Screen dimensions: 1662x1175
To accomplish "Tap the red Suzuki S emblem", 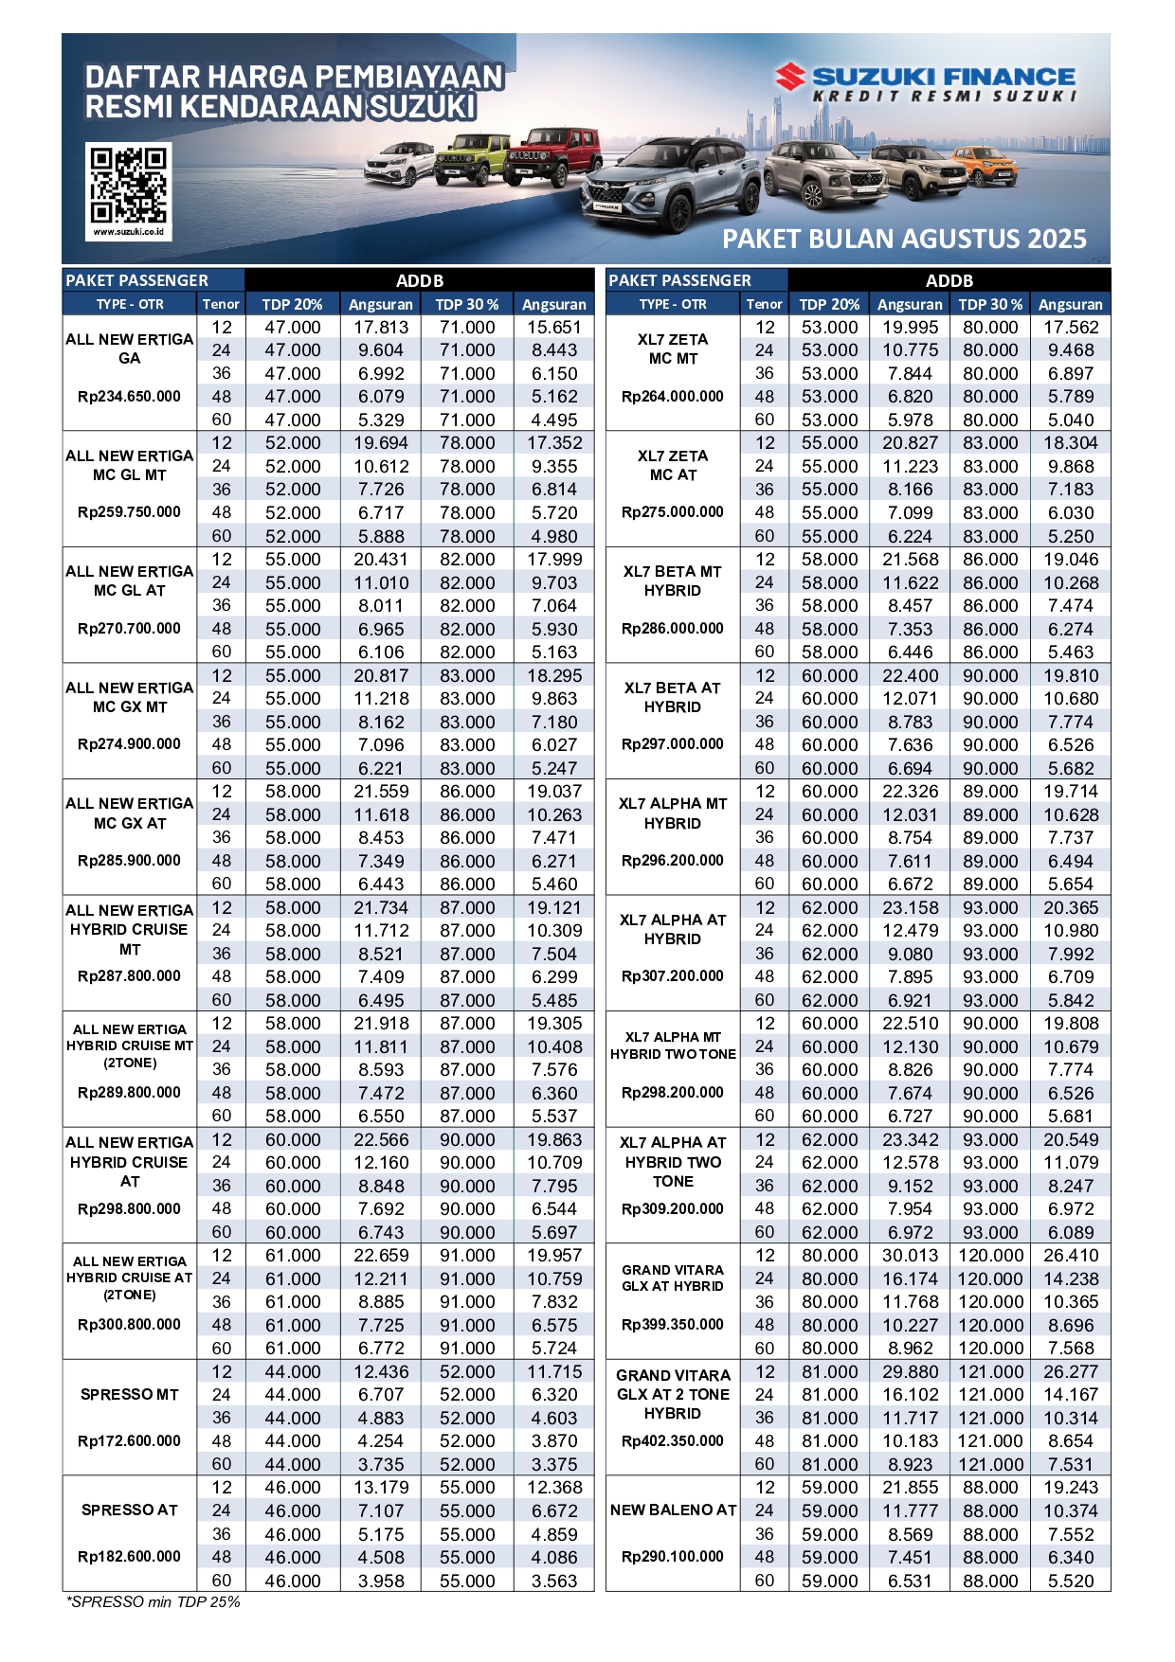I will click(x=789, y=77).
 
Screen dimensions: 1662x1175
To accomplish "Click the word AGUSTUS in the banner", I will click(x=905, y=239).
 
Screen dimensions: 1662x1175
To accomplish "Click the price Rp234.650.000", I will click(x=129, y=397).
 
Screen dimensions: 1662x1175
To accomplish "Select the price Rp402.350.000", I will click(x=673, y=1441).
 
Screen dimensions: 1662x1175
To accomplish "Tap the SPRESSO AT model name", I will click(x=129, y=1510).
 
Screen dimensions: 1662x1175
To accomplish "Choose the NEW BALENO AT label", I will click(x=673, y=1510).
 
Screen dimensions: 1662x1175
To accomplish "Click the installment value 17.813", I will click(x=381, y=328).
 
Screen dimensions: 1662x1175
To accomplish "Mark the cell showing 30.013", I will click(x=910, y=1256).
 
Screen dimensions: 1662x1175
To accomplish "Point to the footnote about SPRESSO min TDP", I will click(x=154, y=1602).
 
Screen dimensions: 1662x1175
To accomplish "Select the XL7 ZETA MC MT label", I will click(x=673, y=348).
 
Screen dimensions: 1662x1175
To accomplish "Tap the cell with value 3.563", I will click(x=554, y=1581).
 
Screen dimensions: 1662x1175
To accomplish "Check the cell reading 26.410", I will click(x=1071, y=1256).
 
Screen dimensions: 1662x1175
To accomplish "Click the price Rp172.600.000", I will click(x=129, y=1441).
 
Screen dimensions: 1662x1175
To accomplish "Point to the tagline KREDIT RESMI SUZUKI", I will click(x=944, y=97).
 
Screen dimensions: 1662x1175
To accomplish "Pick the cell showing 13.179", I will click(x=381, y=1488).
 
